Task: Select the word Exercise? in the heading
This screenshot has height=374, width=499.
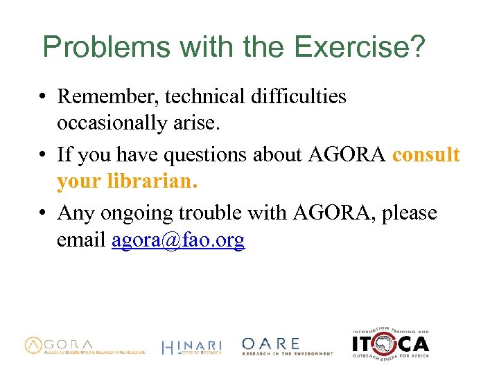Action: click(x=360, y=48)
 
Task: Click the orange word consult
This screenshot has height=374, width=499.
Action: click(x=426, y=154)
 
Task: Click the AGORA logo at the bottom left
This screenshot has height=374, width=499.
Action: click(x=85, y=346)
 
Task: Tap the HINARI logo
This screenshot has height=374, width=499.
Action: click(x=191, y=346)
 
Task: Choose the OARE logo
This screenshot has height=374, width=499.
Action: click(x=287, y=346)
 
